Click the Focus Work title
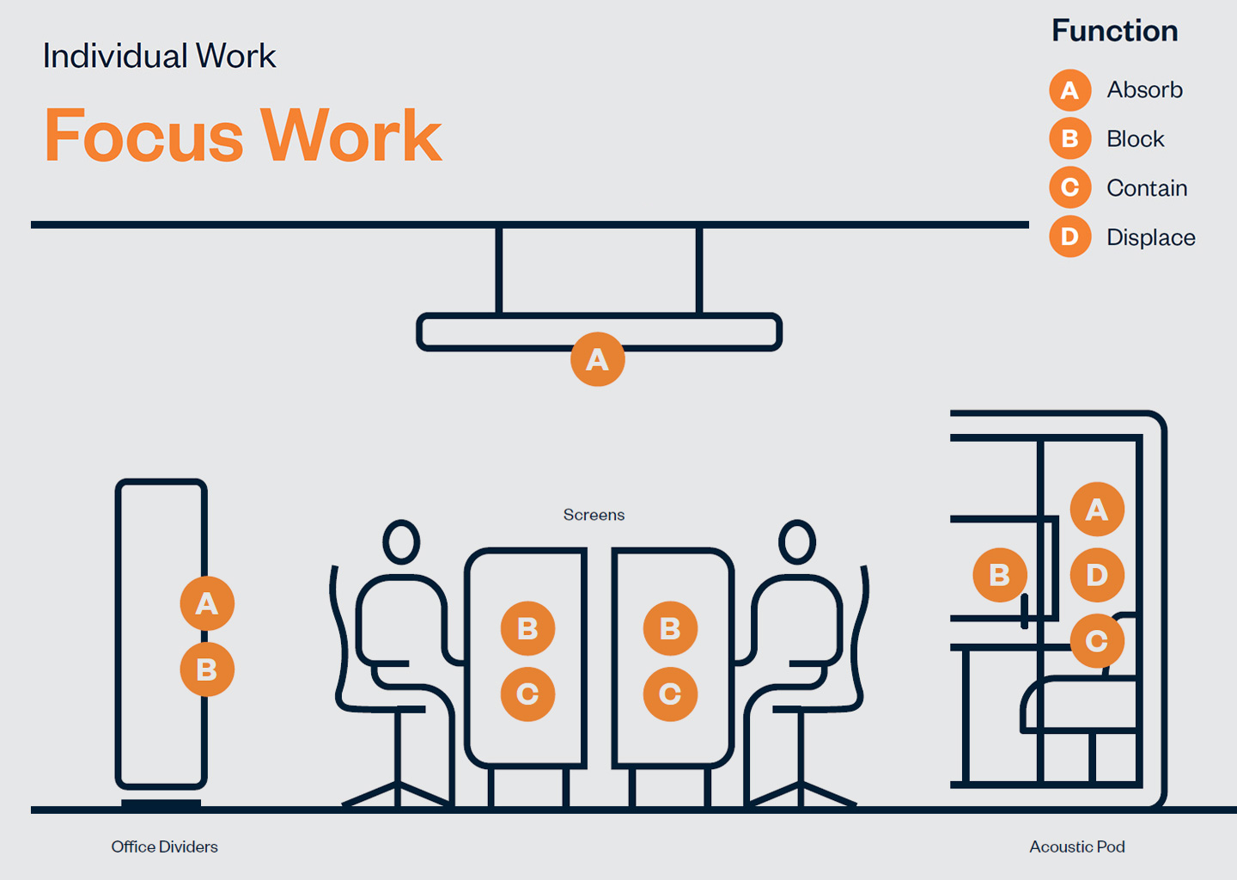point(243,135)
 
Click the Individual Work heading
point(159,56)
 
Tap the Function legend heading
point(1114,30)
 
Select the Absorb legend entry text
point(1145,89)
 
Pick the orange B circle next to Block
point(1069,138)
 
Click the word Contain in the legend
point(1147,188)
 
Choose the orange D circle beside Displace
point(1069,236)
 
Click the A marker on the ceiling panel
point(598,359)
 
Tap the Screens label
point(594,515)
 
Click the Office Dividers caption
point(165,846)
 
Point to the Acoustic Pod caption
point(1077,846)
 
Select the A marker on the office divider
point(207,603)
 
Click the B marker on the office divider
point(207,669)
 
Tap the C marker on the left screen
point(527,694)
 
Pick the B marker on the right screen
point(670,628)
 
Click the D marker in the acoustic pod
point(1097,575)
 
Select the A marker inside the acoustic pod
point(1097,509)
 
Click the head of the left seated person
point(401,542)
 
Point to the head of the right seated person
point(797,542)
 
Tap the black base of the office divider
point(161,804)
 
